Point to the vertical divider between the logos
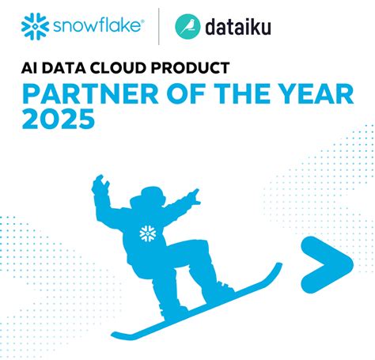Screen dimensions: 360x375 pyautogui.click(x=160, y=26)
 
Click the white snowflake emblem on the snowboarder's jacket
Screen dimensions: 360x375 pyautogui.click(x=146, y=233)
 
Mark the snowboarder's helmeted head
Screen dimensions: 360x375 pyautogui.click(x=150, y=199)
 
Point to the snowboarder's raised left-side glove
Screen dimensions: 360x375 pyautogui.click(x=100, y=187)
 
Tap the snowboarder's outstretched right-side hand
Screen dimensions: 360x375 pyautogui.click(x=193, y=195)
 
